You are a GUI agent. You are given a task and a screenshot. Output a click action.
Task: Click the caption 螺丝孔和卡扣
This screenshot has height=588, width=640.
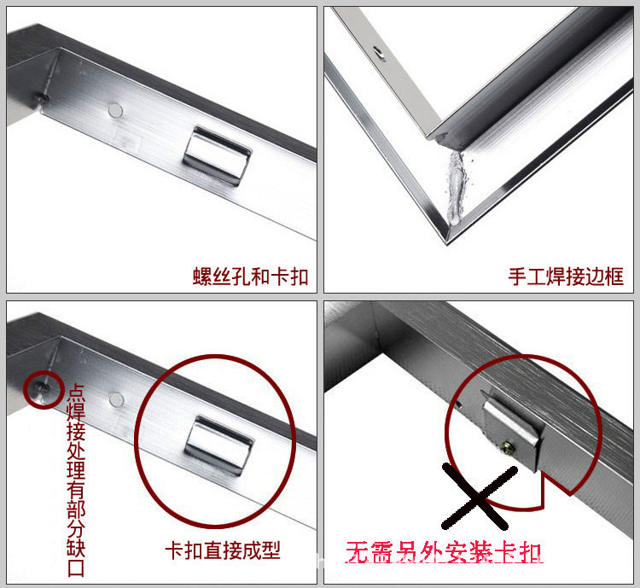coord(250,277)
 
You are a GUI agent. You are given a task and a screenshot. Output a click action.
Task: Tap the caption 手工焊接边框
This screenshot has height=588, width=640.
coord(566,277)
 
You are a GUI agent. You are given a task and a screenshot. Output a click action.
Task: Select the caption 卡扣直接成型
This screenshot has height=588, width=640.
coord(223,550)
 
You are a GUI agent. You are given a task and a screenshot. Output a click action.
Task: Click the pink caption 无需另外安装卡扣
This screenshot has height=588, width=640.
coord(444,552)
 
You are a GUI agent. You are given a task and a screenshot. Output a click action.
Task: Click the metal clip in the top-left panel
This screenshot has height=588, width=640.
coord(217,155)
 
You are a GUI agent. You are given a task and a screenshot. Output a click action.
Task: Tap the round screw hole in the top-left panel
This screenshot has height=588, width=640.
coord(115,110)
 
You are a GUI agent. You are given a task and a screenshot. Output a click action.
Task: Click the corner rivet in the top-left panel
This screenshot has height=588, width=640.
coord(43,97)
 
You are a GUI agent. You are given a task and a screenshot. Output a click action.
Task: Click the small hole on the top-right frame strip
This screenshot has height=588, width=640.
coord(380,52)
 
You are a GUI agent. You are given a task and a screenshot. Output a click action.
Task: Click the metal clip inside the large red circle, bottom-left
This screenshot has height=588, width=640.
coord(218,445)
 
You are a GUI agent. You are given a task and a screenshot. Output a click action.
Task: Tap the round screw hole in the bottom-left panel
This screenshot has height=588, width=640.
coord(116,399)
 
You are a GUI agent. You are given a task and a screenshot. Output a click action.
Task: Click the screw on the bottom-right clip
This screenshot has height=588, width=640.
coord(509,446)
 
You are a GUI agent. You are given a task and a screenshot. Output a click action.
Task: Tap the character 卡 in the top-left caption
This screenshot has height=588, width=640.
coord(280,277)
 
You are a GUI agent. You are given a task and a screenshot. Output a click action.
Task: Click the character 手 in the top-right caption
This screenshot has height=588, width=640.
coord(518,277)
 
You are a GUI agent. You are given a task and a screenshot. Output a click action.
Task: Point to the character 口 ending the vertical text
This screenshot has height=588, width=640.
coord(76,568)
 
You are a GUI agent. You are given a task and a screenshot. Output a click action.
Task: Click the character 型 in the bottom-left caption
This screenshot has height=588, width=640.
coord(271,550)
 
